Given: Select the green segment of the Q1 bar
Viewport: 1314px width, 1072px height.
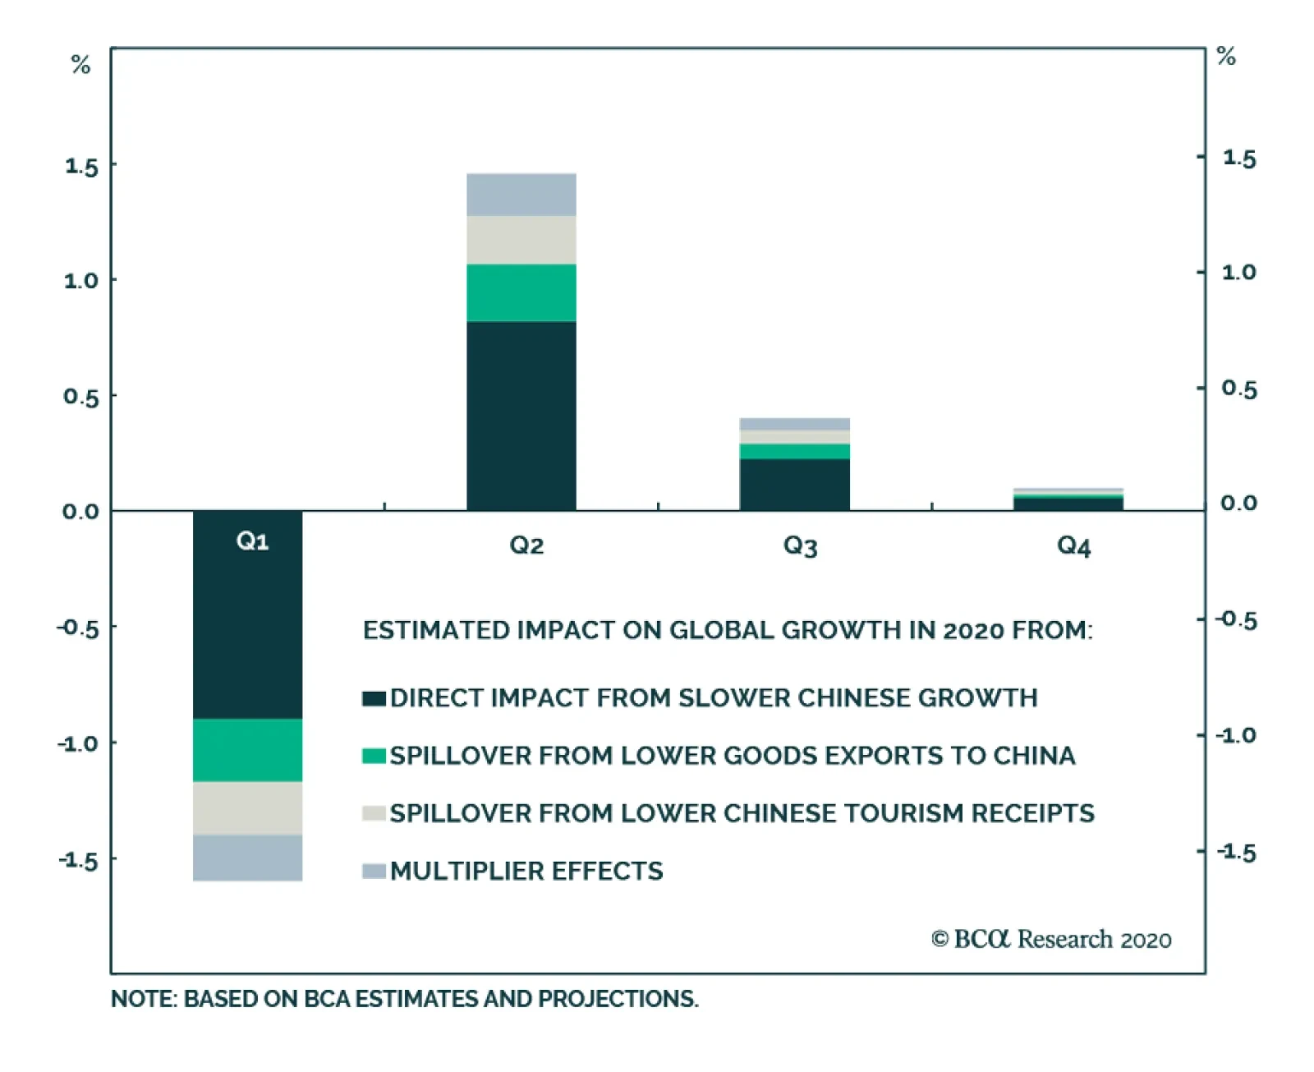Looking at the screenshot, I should pyautogui.click(x=247, y=749).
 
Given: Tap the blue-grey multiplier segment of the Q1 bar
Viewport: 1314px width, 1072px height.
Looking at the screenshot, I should pyautogui.click(x=247, y=857).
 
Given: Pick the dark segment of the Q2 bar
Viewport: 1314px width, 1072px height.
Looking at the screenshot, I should pyautogui.click(x=521, y=415).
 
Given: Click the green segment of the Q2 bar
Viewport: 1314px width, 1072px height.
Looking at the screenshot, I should pyautogui.click(x=521, y=292).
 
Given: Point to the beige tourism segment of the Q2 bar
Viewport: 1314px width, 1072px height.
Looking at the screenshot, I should pyautogui.click(x=521, y=240).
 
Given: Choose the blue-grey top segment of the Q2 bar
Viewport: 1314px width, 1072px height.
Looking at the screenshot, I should pyautogui.click(x=521, y=195).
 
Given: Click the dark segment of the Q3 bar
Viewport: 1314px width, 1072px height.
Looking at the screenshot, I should pyautogui.click(x=794, y=484).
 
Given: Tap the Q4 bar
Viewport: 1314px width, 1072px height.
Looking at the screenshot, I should pyautogui.click(x=1068, y=501).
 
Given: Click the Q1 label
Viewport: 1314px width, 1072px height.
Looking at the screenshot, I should pyautogui.click(x=252, y=541).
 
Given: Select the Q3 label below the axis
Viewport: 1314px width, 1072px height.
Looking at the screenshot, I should pyautogui.click(x=800, y=545).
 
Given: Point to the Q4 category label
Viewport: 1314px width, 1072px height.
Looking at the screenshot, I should pyautogui.click(x=1073, y=545).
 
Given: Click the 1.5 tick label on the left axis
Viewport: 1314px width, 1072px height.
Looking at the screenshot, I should pyautogui.click(x=81, y=167).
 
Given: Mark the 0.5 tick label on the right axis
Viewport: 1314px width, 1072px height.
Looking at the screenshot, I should pyautogui.click(x=1238, y=389).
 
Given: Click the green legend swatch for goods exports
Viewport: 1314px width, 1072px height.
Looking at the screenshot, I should pyautogui.click(x=374, y=756).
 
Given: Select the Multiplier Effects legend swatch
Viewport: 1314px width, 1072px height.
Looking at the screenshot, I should pyautogui.click(x=374, y=871).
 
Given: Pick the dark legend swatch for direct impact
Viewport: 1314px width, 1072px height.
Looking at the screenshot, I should pyautogui.click(x=374, y=698).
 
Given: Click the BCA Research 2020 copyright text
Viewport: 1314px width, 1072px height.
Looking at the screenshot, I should pyautogui.click(x=1051, y=939).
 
